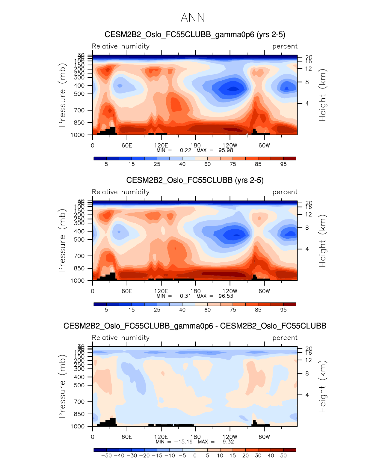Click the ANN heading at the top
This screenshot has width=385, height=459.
(193, 18)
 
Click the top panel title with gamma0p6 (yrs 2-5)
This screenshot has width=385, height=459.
(195, 34)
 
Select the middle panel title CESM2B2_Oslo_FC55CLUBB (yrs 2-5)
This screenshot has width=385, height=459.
(195, 180)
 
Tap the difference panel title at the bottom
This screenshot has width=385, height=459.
(195, 326)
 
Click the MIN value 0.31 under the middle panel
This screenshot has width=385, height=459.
(185, 296)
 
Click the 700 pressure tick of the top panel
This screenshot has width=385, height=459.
(79, 110)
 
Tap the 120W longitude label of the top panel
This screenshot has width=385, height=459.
(230, 146)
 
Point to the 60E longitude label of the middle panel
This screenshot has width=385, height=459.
(127, 291)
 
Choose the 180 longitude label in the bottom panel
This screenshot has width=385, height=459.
(195, 437)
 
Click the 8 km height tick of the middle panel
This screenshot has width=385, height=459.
(307, 228)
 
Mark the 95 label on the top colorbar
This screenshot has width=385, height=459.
(283, 164)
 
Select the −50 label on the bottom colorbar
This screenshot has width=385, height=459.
(106, 456)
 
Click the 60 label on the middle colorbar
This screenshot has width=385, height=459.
(207, 310)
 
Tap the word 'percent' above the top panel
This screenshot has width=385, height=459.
(285, 46)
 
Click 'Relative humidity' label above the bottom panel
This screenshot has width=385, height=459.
(120, 338)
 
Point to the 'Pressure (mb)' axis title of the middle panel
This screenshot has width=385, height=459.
(62, 241)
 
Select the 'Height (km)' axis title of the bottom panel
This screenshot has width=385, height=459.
(322, 387)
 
